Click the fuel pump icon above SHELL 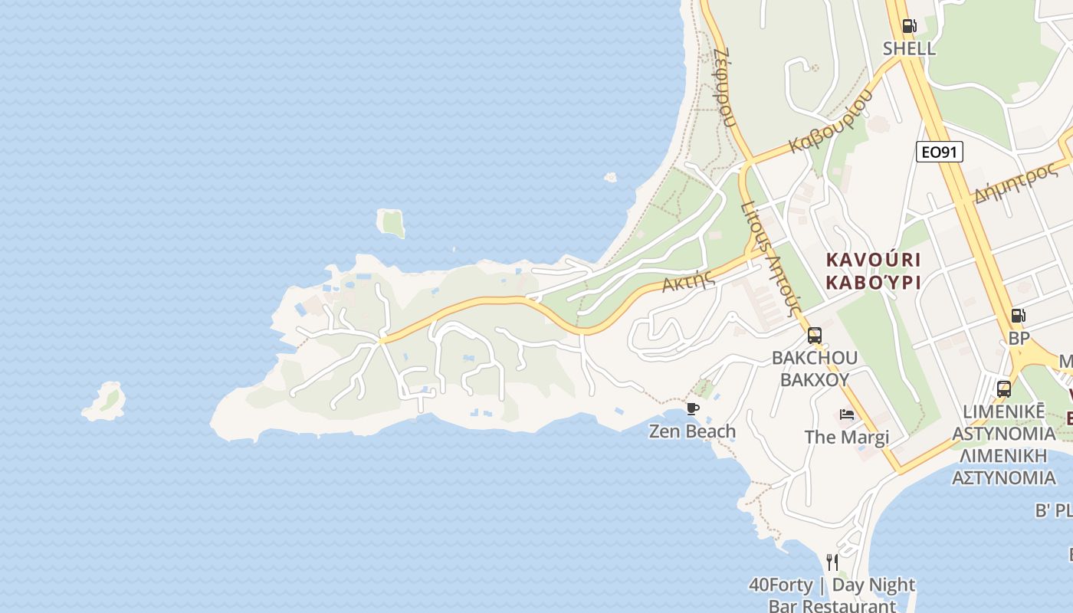[909, 26]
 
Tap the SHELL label [909, 48]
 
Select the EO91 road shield [939, 152]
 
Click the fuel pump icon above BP [1018, 316]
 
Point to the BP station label [1019, 338]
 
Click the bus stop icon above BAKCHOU [814, 335]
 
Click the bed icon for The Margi [847, 415]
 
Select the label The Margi [846, 437]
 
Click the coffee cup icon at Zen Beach [693, 408]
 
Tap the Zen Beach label [692, 431]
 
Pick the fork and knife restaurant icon [832, 562]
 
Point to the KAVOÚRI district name [873, 260]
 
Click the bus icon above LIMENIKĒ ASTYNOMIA [1004, 388]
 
